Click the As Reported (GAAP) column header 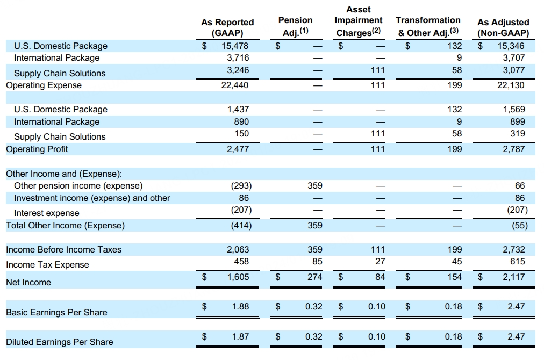(x=227, y=27)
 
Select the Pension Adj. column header (x=295, y=26)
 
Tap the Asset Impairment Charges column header (x=359, y=21)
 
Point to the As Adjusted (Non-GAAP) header (x=503, y=27)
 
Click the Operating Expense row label (x=44, y=85)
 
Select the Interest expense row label (x=47, y=213)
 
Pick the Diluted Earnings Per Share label (x=60, y=342)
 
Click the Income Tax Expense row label (x=47, y=264)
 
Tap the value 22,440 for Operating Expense (x=235, y=85)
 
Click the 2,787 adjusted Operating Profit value (x=514, y=149)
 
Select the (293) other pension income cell (x=239, y=186)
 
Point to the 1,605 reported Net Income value (x=238, y=277)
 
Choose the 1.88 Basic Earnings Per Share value (x=240, y=307)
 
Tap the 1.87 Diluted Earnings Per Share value (x=240, y=337)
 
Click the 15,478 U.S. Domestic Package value (x=235, y=46)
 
